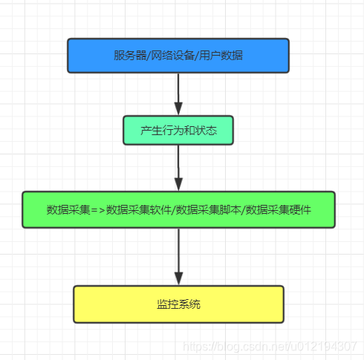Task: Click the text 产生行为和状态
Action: click(178, 130)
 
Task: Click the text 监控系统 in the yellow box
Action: click(178, 304)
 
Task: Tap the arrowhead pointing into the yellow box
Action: click(178, 278)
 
